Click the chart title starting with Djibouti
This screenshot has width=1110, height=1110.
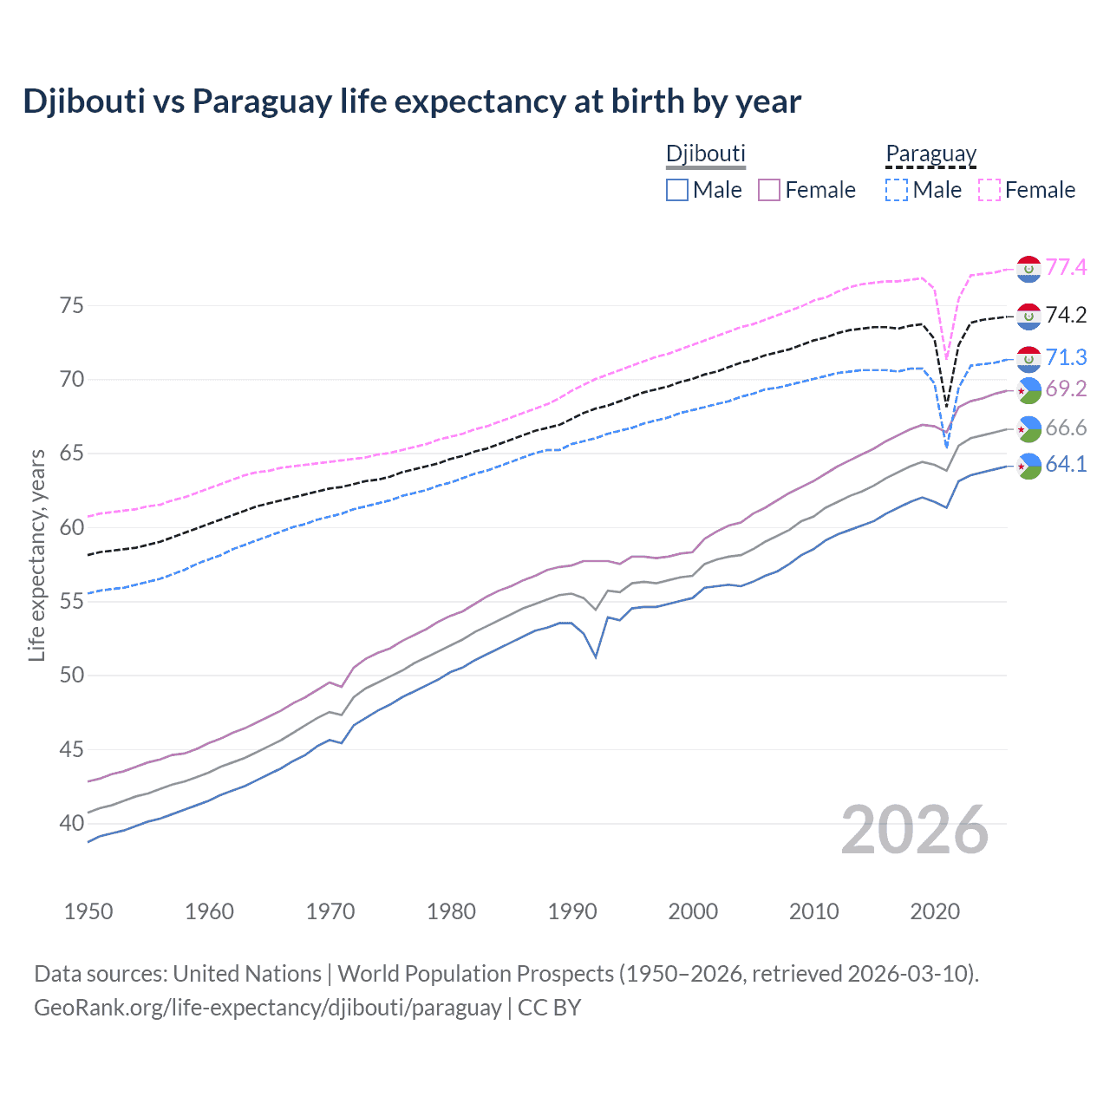tap(412, 101)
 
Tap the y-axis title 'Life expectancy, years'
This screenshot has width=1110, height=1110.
tap(36, 555)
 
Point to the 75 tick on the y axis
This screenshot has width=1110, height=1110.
tap(72, 305)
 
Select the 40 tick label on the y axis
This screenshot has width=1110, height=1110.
tap(72, 823)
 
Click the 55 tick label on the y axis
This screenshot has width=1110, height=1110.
tap(72, 601)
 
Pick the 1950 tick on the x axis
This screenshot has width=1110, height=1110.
tap(88, 911)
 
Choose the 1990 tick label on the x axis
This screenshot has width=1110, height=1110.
tap(572, 911)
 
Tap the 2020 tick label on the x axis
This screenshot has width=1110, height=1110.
tap(935, 911)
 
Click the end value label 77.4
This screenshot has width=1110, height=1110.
tap(1066, 267)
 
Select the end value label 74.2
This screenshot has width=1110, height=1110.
tap(1066, 315)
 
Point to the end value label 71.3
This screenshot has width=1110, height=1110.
tap(1066, 357)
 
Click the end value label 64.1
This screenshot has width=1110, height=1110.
tap(1066, 464)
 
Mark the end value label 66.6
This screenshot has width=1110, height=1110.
tap(1066, 428)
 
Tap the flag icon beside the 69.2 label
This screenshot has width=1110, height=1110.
tap(1028, 390)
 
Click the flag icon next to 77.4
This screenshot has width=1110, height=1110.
tap(1028, 269)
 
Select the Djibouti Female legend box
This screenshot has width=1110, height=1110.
tap(769, 190)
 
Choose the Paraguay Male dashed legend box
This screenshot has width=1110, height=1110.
tap(897, 190)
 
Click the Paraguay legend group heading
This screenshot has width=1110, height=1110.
tap(930, 154)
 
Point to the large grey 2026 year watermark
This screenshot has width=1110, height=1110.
tap(915, 830)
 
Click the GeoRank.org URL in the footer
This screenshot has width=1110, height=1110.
tap(268, 1008)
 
